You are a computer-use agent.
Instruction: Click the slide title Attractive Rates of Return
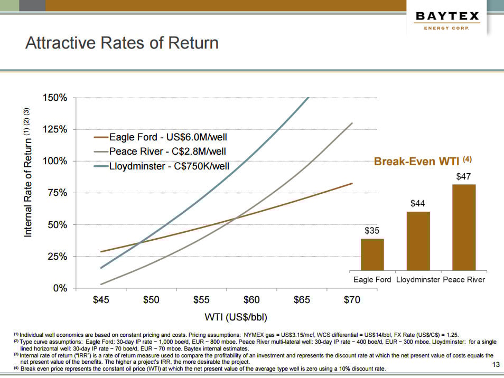point(122,43)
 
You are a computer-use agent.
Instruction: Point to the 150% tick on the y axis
point(55,98)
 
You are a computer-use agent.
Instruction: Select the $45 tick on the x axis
point(101,300)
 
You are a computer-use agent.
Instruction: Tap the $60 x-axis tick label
point(251,300)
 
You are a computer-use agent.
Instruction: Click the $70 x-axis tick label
point(352,300)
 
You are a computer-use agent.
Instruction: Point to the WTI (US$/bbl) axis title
point(236,317)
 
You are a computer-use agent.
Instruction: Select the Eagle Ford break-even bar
point(372,254)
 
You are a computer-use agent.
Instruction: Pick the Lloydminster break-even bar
point(418,241)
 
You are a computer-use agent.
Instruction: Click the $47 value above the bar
point(464,176)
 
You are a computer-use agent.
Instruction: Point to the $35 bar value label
point(372,231)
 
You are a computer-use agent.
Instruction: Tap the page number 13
point(496,365)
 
